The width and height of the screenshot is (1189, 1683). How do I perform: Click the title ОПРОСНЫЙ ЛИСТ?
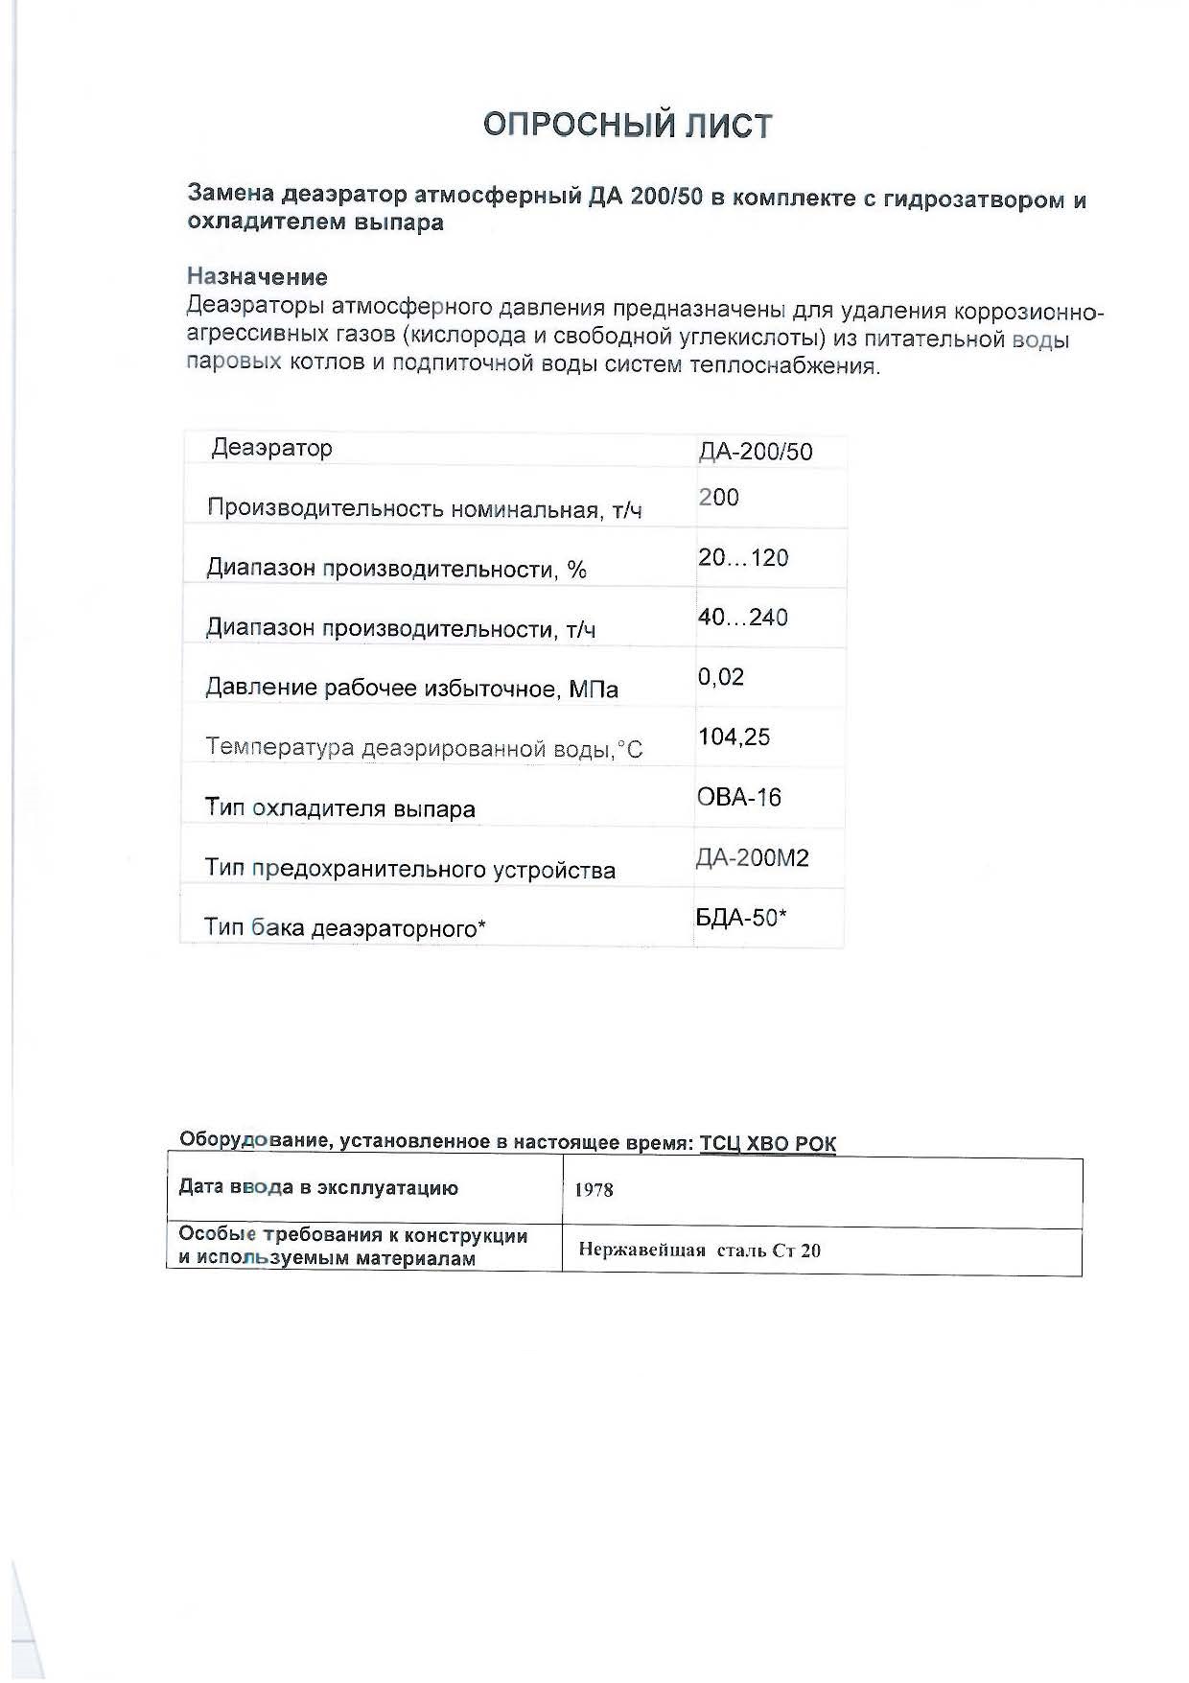pyautogui.click(x=627, y=126)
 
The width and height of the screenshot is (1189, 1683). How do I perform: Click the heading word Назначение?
pyautogui.click(x=257, y=277)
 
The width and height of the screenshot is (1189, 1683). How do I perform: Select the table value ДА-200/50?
pyautogui.click(x=756, y=452)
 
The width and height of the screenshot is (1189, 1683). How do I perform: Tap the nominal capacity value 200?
pyautogui.click(x=718, y=497)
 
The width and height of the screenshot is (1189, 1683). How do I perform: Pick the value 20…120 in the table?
pyautogui.click(x=743, y=557)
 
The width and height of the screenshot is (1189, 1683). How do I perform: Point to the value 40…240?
pyautogui.click(x=743, y=617)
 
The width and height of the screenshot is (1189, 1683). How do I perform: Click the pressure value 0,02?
pyautogui.click(x=721, y=677)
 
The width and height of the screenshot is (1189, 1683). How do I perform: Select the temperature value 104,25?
pyautogui.click(x=734, y=736)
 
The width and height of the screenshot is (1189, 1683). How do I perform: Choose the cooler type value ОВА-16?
pyautogui.click(x=739, y=797)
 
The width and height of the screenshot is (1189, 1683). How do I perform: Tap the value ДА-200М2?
pyautogui.click(x=753, y=857)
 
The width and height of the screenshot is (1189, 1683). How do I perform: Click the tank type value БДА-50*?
pyautogui.click(x=741, y=918)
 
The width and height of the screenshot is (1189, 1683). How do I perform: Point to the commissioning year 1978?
pyautogui.click(x=594, y=1190)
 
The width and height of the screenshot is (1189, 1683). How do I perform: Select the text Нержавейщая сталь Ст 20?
pyautogui.click(x=700, y=1251)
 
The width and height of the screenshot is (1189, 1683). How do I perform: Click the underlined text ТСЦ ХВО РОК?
pyautogui.click(x=767, y=1144)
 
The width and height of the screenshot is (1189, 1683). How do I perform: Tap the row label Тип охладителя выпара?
pyautogui.click(x=340, y=808)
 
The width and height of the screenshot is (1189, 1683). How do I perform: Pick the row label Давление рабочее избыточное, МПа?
pyautogui.click(x=412, y=689)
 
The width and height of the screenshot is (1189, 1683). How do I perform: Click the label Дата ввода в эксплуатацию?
pyautogui.click(x=318, y=1188)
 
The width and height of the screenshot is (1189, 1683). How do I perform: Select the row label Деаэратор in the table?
pyautogui.click(x=272, y=448)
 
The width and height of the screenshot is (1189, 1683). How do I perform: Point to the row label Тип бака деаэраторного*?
pyautogui.click(x=345, y=928)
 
